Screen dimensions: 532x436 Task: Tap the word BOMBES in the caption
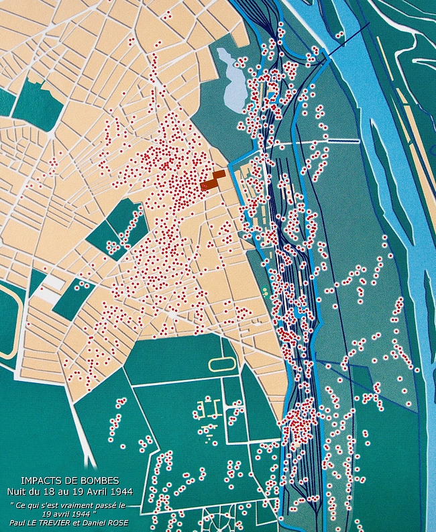100,481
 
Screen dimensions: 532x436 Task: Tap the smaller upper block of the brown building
218,174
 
